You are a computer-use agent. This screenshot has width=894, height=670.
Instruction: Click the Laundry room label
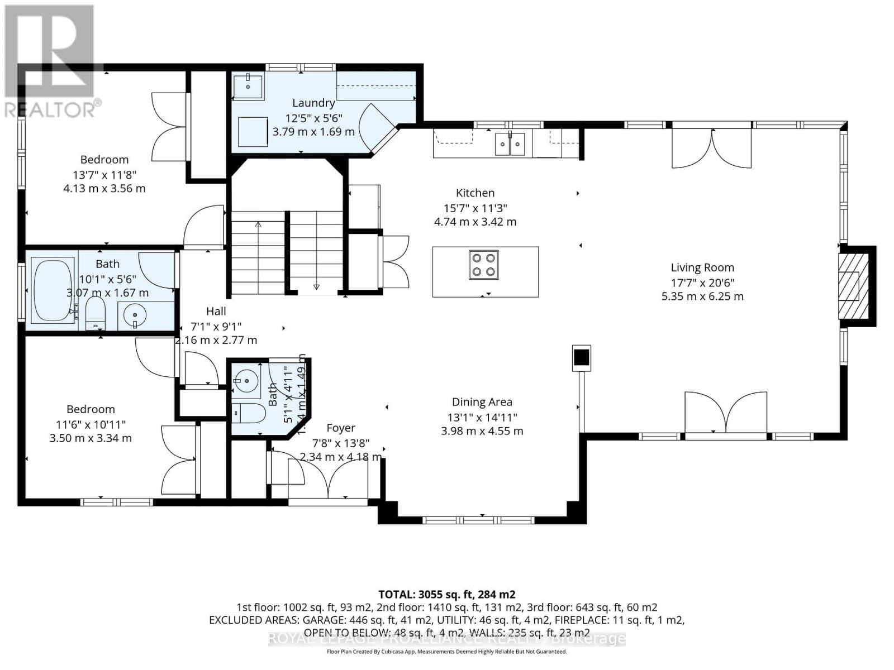[x=313, y=103]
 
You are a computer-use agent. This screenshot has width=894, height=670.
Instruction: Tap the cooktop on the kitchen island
[x=484, y=265]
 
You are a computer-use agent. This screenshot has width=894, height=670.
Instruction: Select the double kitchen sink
[x=510, y=144]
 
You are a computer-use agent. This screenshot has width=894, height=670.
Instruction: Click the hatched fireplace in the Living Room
[x=852, y=286]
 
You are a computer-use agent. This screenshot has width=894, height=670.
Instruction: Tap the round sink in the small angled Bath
[x=246, y=381]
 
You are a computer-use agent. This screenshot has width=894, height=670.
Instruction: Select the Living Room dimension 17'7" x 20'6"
[x=702, y=283]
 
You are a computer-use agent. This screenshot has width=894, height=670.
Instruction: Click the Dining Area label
[x=482, y=402]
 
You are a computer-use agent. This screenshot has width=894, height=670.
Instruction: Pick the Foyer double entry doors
[x=329, y=476]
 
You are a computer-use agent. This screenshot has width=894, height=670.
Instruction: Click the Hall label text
[x=216, y=312]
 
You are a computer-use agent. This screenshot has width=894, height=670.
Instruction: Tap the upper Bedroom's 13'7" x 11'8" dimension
[x=104, y=174]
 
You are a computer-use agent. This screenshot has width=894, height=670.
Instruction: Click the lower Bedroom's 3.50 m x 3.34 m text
[x=91, y=438]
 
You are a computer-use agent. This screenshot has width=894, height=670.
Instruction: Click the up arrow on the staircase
[x=258, y=224]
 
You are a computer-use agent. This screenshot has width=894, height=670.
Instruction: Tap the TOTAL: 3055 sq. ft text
[x=447, y=594]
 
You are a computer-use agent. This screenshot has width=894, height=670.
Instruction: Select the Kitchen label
[x=475, y=193]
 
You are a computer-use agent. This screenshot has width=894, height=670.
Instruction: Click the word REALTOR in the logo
[x=50, y=109]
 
